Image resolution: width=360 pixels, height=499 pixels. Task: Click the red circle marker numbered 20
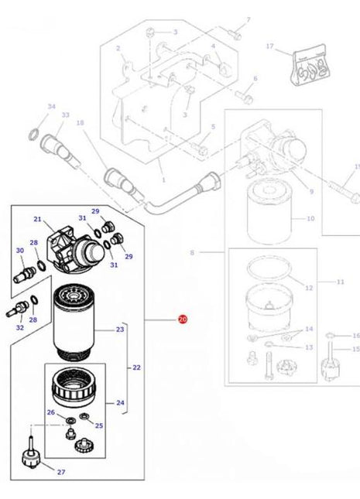183,319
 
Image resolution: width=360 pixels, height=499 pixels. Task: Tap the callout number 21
36,220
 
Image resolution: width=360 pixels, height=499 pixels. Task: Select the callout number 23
120,330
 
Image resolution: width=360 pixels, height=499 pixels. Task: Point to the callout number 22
136,367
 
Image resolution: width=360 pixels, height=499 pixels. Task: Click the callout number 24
120,402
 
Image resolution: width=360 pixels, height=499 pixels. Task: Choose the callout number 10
310,219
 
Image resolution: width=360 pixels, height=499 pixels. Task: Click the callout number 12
309,288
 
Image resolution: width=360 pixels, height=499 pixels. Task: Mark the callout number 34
30,106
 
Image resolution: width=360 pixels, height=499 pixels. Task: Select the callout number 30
19,251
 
